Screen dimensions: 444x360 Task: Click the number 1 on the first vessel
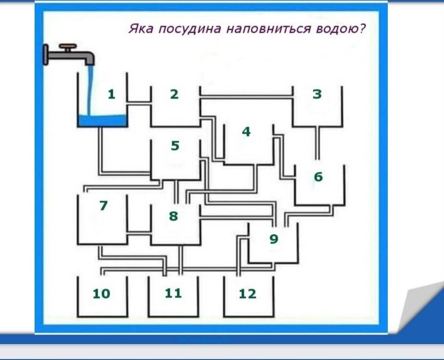[111, 94]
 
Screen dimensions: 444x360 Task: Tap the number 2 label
[174, 95]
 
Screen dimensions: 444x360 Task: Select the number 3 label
[317, 94]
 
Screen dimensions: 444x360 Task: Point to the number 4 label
[247, 132]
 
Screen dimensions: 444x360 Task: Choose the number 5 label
[175, 145]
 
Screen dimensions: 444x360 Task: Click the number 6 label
[318, 177]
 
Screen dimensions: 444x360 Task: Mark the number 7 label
[103, 205]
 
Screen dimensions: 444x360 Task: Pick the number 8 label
[173, 216]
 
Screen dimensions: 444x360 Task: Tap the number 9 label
[273, 239]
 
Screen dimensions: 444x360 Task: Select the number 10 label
[101, 293]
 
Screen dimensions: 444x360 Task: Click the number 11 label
[173, 293]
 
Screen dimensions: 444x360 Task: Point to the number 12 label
[247, 293]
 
